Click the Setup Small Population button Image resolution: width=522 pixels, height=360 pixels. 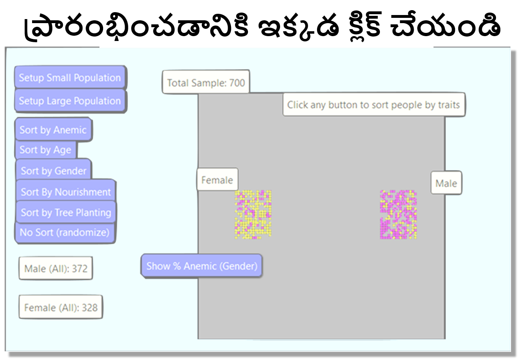click(70, 77)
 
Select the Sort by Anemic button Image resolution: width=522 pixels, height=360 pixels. click(53, 129)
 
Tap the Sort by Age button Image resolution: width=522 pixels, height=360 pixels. click(46, 150)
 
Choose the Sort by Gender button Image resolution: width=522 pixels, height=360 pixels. click(53, 170)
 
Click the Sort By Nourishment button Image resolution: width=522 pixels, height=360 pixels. click(66, 191)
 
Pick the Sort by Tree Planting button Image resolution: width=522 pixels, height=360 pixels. click(66, 212)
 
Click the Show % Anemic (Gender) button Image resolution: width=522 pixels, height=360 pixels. click(202, 266)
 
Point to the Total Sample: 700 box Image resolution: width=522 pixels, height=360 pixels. click(206, 82)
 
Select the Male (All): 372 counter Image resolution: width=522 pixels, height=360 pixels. click(56, 268)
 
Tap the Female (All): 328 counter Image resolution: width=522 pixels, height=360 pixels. click(61, 307)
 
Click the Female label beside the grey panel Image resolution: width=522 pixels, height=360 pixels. click(217, 180)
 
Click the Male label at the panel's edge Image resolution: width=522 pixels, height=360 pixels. click(446, 183)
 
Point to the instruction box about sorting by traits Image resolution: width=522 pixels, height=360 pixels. click(374, 105)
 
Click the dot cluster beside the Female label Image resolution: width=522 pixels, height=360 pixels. click(253, 215)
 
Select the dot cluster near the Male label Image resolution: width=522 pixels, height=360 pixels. click(398, 215)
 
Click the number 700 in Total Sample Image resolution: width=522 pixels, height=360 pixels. click(237, 83)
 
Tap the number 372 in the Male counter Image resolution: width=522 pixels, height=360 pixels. click(80, 269)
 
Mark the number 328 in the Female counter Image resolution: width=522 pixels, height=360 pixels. click(90, 308)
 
